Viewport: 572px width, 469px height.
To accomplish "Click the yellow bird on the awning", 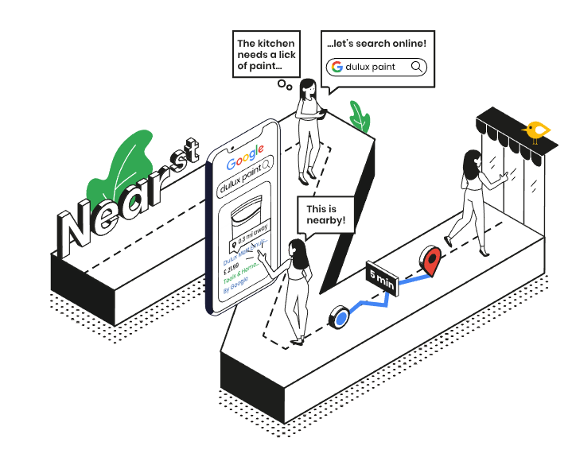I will (x=537, y=130).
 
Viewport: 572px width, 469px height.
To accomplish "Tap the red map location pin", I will (x=431, y=261).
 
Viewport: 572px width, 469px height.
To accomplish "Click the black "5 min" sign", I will (x=381, y=277).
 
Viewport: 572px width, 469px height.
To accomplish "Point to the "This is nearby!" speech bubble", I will (x=326, y=215).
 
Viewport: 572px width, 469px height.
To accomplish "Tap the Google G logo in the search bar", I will (x=337, y=67).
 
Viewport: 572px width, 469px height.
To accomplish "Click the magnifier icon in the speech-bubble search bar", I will (x=416, y=67).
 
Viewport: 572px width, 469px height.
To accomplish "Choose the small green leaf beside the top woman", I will (x=360, y=117).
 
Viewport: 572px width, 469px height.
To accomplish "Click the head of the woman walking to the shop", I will (x=473, y=158).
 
